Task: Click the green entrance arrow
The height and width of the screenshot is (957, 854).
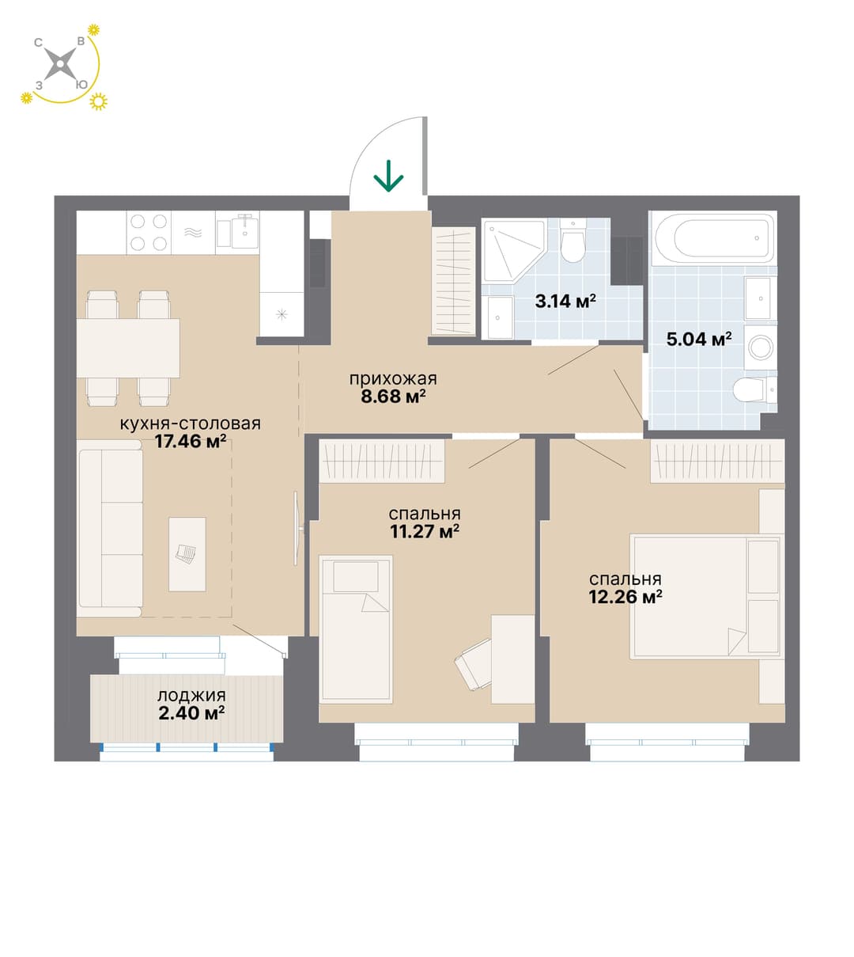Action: pos(388,177)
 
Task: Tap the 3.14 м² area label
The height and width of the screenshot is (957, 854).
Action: pos(565,301)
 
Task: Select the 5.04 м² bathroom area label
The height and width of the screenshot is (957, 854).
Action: pos(699,339)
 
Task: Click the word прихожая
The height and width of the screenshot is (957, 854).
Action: pos(393,378)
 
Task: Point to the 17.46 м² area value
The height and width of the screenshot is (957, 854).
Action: pos(190,441)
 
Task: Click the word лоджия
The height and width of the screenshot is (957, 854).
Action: pos(191,695)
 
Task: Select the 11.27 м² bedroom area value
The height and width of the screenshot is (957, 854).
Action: pos(425,531)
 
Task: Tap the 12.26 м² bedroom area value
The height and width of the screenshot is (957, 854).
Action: pos(625,597)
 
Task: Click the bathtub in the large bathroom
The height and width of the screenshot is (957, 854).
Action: pos(712,237)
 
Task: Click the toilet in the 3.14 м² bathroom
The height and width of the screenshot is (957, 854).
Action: pos(573,241)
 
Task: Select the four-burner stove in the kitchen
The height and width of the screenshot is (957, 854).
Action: pos(149,233)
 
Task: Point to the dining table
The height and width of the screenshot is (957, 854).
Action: pos(128,348)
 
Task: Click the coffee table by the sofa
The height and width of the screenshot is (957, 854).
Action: pos(187,554)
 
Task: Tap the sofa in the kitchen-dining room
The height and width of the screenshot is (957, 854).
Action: pos(109,528)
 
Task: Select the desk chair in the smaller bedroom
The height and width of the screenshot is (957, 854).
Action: pos(473,663)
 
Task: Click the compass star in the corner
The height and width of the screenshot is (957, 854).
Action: pos(60,64)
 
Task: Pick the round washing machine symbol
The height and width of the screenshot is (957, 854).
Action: pos(761,348)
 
